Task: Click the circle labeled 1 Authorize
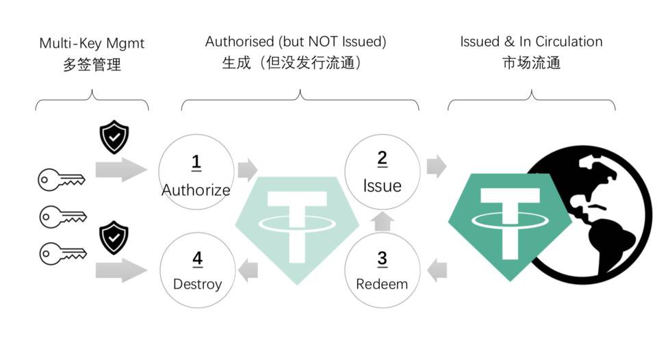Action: (x=195, y=171)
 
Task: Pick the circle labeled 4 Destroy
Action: (x=197, y=269)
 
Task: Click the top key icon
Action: (x=61, y=180)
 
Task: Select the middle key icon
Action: (x=61, y=216)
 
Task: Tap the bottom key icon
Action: (x=61, y=253)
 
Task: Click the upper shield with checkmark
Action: (x=114, y=138)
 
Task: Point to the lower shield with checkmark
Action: (x=114, y=237)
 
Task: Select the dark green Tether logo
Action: (x=511, y=222)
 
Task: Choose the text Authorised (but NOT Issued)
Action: (x=296, y=42)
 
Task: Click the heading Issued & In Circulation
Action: (x=531, y=41)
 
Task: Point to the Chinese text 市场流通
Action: (x=531, y=63)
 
